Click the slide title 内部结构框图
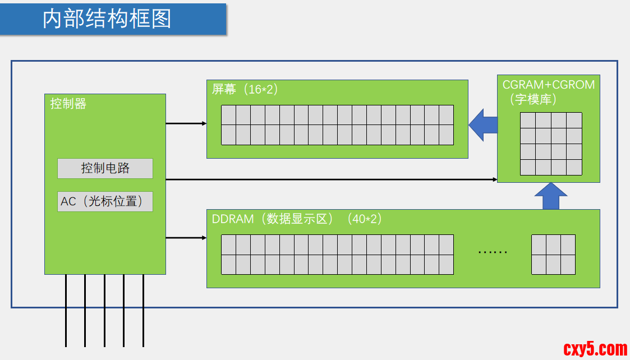[107, 19]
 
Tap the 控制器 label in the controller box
[68, 104]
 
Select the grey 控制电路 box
[105, 168]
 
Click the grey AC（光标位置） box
[105, 201]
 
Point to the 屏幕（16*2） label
[245, 89]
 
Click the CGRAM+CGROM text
[548, 85]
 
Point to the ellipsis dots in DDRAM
[493, 252]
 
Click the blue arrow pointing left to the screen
[483, 124]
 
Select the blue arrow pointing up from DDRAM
[551, 196]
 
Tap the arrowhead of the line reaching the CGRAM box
[495, 179]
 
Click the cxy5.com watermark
[594, 349]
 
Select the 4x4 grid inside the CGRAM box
[550, 144]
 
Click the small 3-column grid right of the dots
[553, 255]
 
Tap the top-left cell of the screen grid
[228, 115]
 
